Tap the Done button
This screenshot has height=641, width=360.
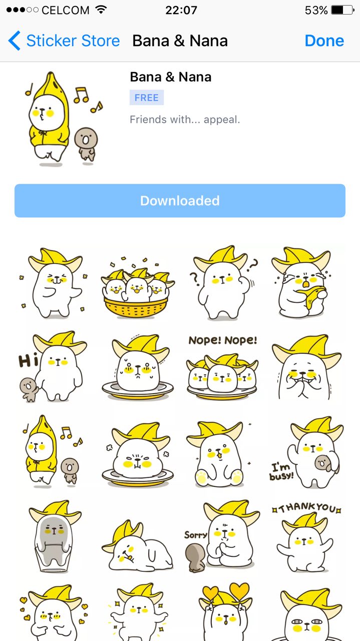click(x=324, y=41)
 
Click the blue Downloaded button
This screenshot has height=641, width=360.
click(x=180, y=201)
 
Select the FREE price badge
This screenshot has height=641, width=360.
click(x=147, y=98)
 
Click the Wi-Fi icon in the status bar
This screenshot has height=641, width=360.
click(x=101, y=10)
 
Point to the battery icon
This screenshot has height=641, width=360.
click(x=342, y=11)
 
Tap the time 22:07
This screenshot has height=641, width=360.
click(x=181, y=11)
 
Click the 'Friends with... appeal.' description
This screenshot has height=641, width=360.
click(x=185, y=119)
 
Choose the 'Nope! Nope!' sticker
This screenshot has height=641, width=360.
click(x=222, y=368)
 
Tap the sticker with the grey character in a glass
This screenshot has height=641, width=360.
click(x=55, y=537)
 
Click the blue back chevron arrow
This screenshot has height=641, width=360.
click(x=15, y=41)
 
